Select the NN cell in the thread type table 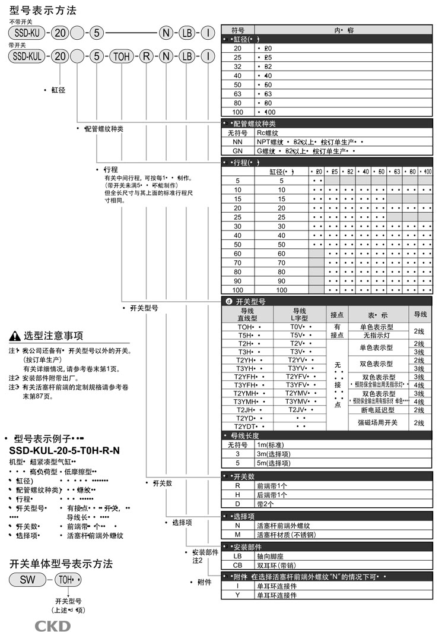point(238,143)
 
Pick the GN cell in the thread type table point(238,151)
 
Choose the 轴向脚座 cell point(273,556)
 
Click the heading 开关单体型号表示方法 point(61,564)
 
